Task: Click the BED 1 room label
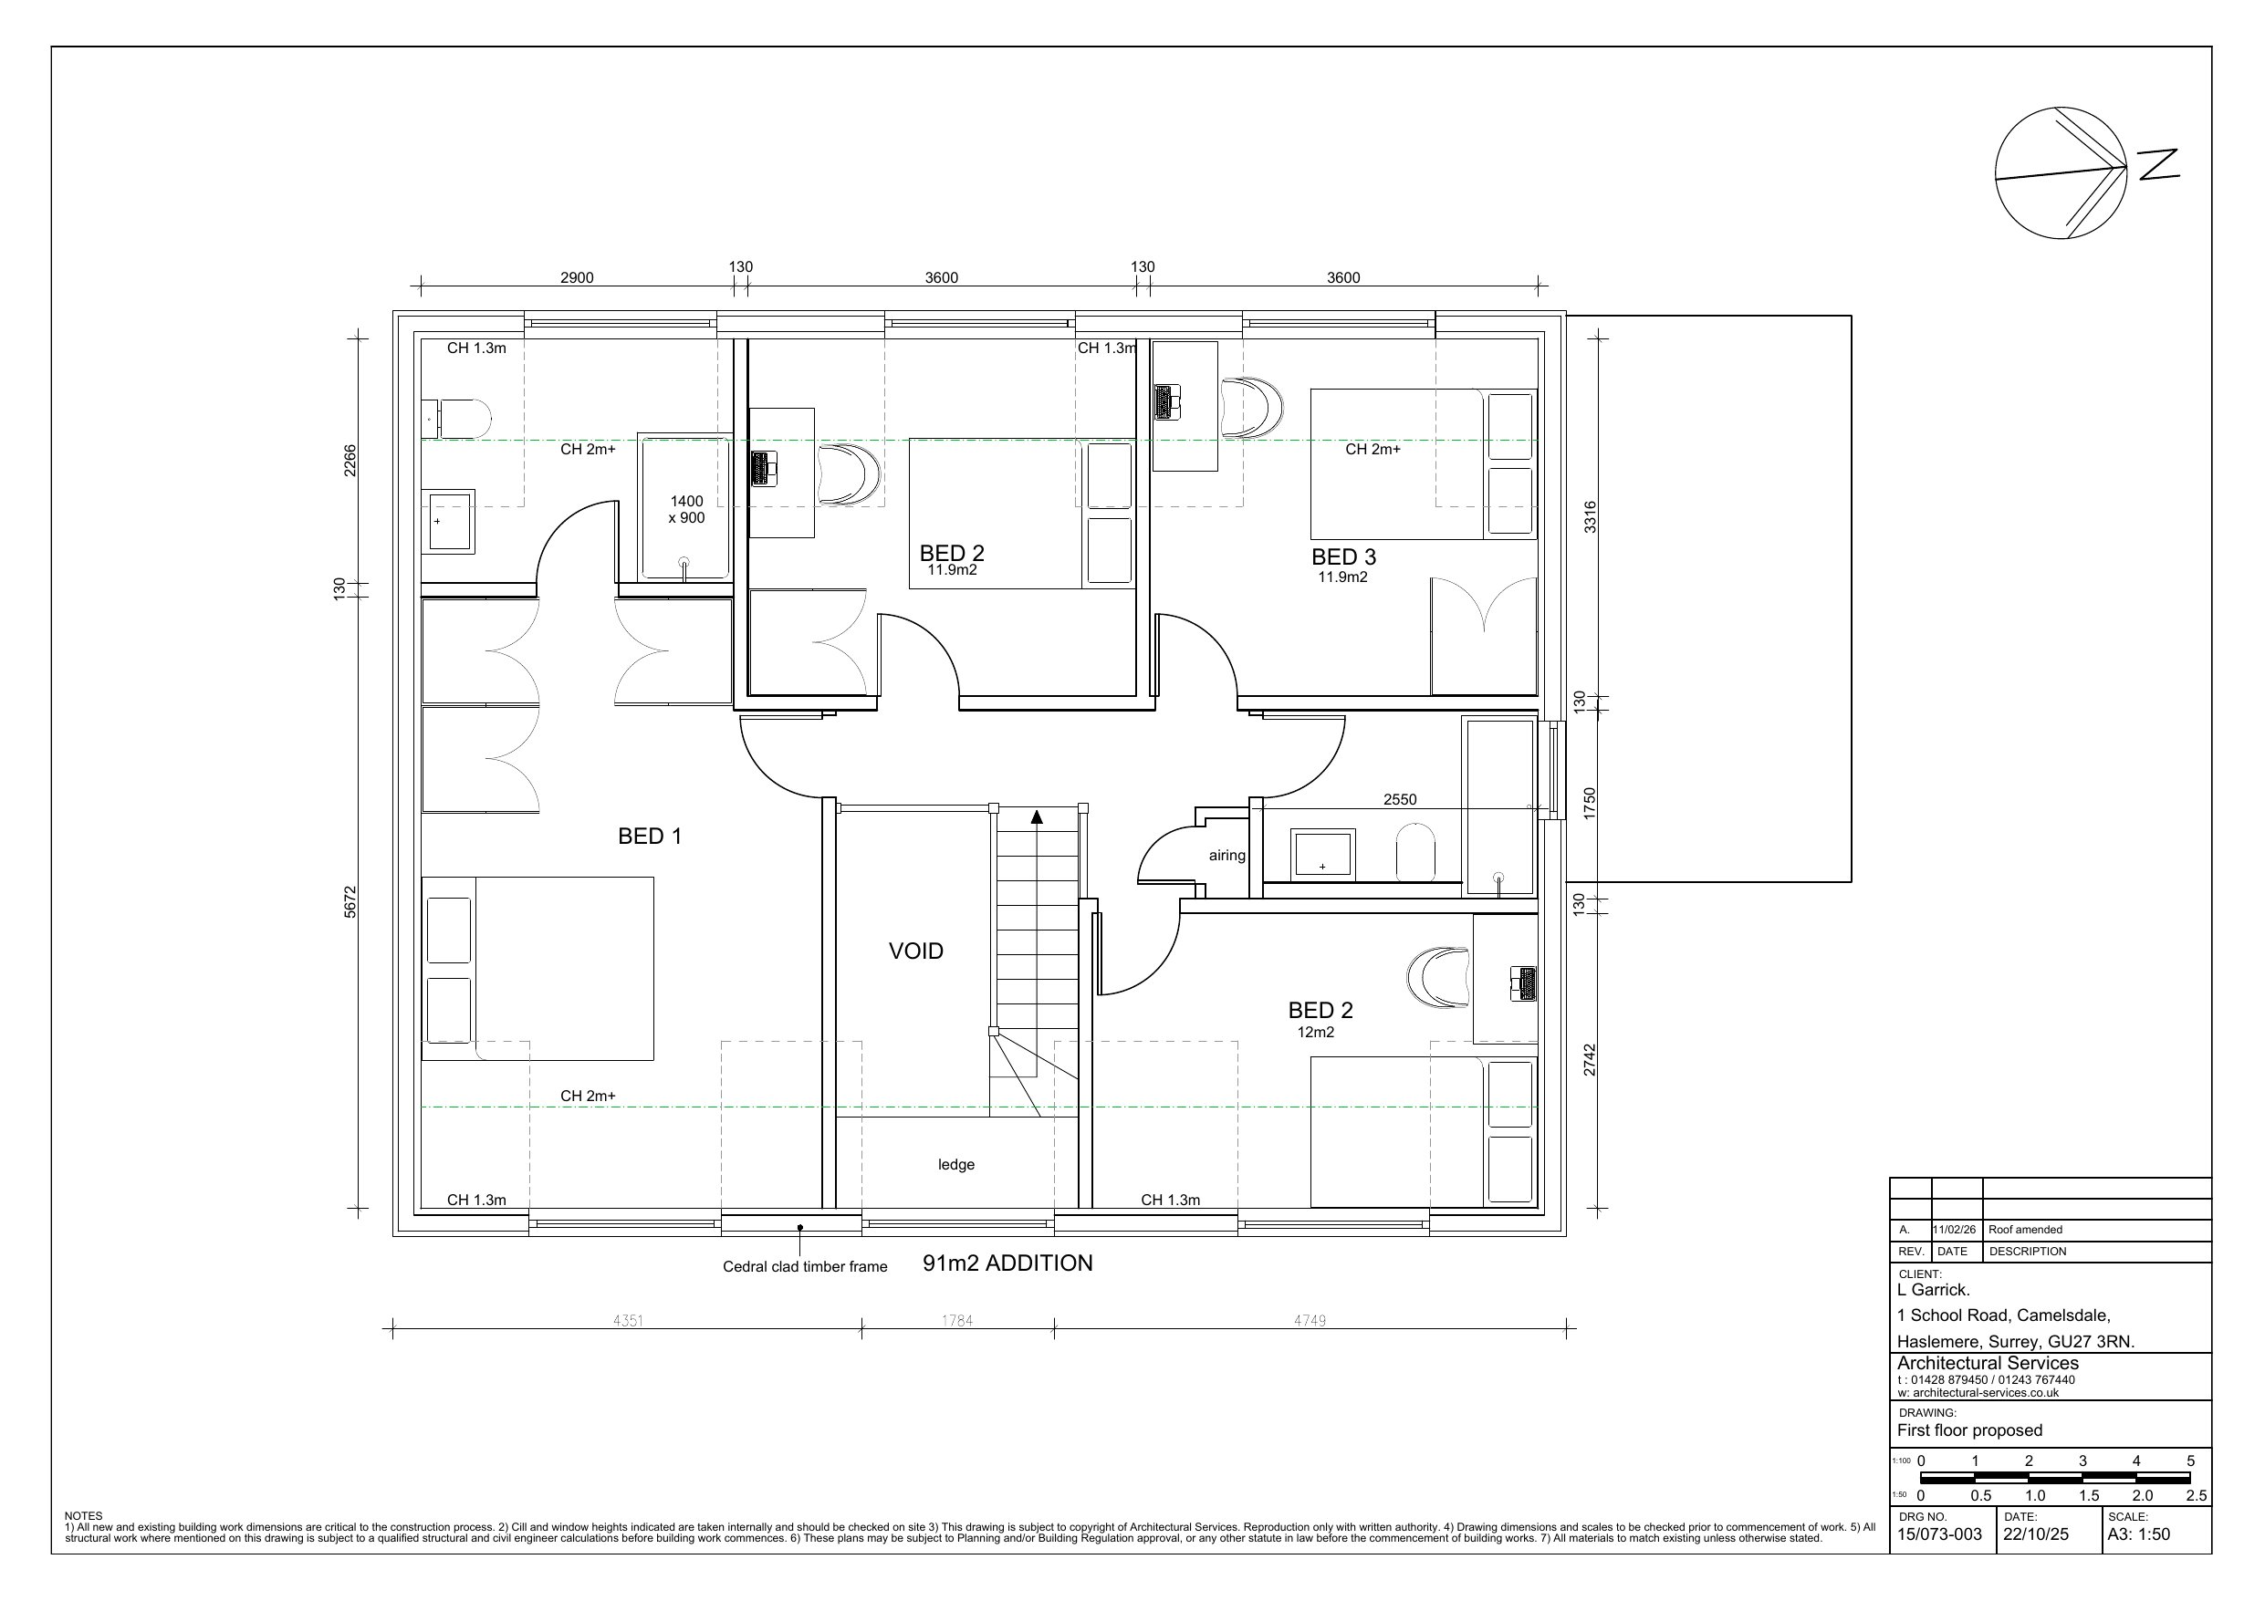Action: tap(649, 837)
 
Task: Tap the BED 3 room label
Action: tap(1343, 557)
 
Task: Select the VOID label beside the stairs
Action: tap(915, 951)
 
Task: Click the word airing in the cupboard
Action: tap(1227, 857)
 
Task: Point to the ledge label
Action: tap(955, 1165)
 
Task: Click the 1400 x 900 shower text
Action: tap(686, 510)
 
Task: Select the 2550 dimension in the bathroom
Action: tap(1400, 800)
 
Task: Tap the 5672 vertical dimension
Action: tap(350, 902)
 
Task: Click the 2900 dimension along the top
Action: tap(577, 278)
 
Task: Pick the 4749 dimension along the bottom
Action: tap(1310, 1321)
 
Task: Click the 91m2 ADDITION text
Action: tap(1007, 1263)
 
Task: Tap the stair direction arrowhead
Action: tap(1037, 816)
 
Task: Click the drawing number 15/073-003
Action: tap(1939, 1535)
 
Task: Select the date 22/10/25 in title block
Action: tap(2036, 1535)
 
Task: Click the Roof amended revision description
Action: tap(2025, 1230)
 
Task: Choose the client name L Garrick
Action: tap(1934, 1290)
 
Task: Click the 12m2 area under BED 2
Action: tap(1315, 1033)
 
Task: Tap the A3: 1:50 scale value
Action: tap(2139, 1535)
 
